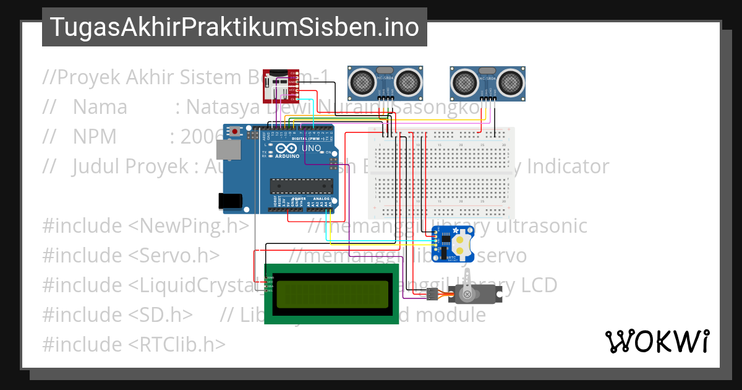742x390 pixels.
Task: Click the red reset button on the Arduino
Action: click(x=234, y=131)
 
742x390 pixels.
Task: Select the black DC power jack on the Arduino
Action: click(x=228, y=201)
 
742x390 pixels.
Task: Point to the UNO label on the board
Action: click(x=311, y=149)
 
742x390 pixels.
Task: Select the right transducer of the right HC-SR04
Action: click(x=510, y=80)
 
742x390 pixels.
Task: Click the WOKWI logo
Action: click(x=657, y=341)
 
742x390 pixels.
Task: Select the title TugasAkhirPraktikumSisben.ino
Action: click(x=234, y=27)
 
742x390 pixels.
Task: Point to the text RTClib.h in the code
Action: click(x=177, y=344)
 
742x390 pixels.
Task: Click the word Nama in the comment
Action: click(x=100, y=107)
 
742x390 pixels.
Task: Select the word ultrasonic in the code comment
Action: click(x=542, y=226)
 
